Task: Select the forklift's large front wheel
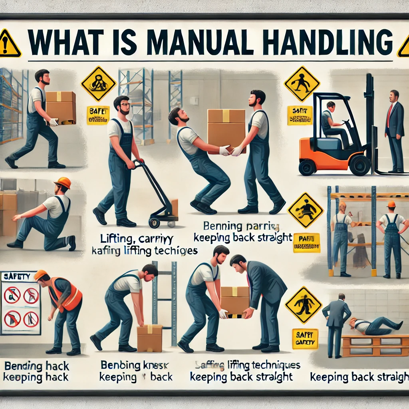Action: point(359,165)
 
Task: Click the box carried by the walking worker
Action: point(61,107)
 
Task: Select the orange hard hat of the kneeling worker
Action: point(63,183)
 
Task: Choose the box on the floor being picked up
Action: point(149,337)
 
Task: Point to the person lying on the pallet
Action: point(375,326)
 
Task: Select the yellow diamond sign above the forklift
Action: point(302,83)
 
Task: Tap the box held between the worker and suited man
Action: point(234,300)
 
